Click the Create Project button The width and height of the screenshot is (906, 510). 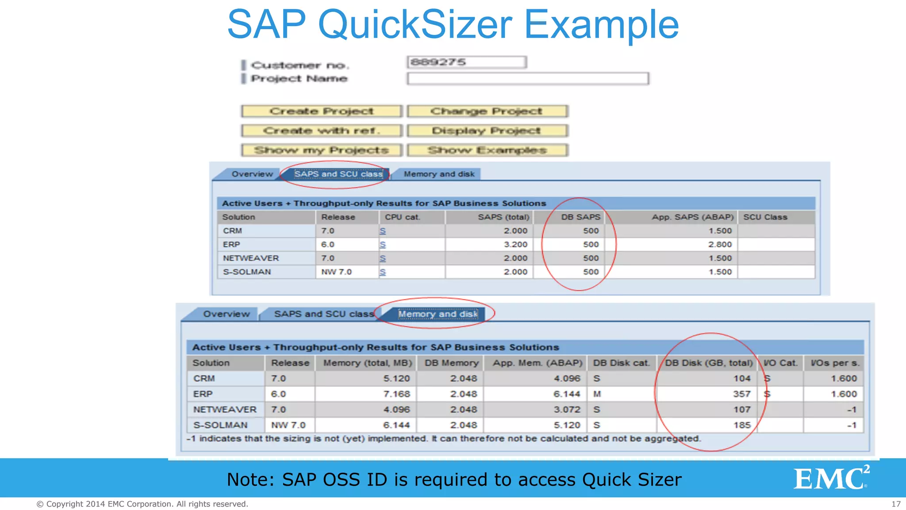tap(322, 111)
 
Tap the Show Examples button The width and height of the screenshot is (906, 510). tap(487, 151)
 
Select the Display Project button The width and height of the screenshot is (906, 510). tap(487, 131)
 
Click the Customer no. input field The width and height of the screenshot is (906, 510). tap(467, 62)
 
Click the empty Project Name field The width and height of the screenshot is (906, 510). tap(528, 79)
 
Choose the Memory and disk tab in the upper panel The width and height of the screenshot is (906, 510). tap(439, 174)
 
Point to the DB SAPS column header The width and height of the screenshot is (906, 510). tap(580, 217)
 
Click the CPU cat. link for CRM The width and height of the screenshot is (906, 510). tap(383, 231)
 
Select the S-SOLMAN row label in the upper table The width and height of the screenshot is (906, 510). tap(247, 272)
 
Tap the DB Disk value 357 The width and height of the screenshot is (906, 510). tap(742, 394)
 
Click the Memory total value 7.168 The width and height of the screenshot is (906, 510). tap(396, 394)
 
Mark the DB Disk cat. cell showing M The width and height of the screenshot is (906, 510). tap(597, 394)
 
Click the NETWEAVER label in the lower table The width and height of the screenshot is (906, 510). tap(225, 410)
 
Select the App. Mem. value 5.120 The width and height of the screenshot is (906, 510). tap(567, 425)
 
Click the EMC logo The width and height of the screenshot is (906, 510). tap(831, 478)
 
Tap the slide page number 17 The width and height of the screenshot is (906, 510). tap(896, 504)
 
